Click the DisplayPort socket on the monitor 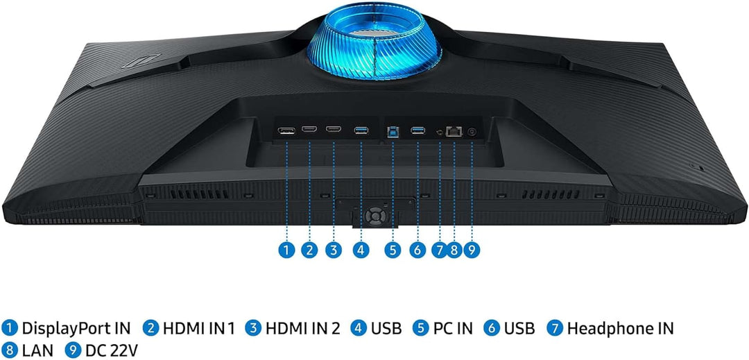pyautogui.click(x=286, y=130)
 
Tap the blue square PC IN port pyautogui.click(x=393, y=132)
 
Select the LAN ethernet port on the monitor pyautogui.click(x=454, y=131)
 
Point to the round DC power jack pyautogui.click(x=472, y=132)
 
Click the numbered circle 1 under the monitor pyautogui.click(x=286, y=250)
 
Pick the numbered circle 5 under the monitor pyautogui.click(x=393, y=250)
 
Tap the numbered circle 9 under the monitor pyautogui.click(x=472, y=250)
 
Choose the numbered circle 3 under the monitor pyautogui.click(x=334, y=250)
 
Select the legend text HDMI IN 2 pyautogui.click(x=303, y=329)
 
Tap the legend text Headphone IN pyautogui.click(x=620, y=329)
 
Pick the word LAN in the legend pyautogui.click(x=37, y=350)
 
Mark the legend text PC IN pyautogui.click(x=452, y=329)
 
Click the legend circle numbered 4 pyautogui.click(x=359, y=329)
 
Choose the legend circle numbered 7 pyautogui.click(x=555, y=329)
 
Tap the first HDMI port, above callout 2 pyautogui.click(x=309, y=130)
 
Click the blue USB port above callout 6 pyautogui.click(x=418, y=130)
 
